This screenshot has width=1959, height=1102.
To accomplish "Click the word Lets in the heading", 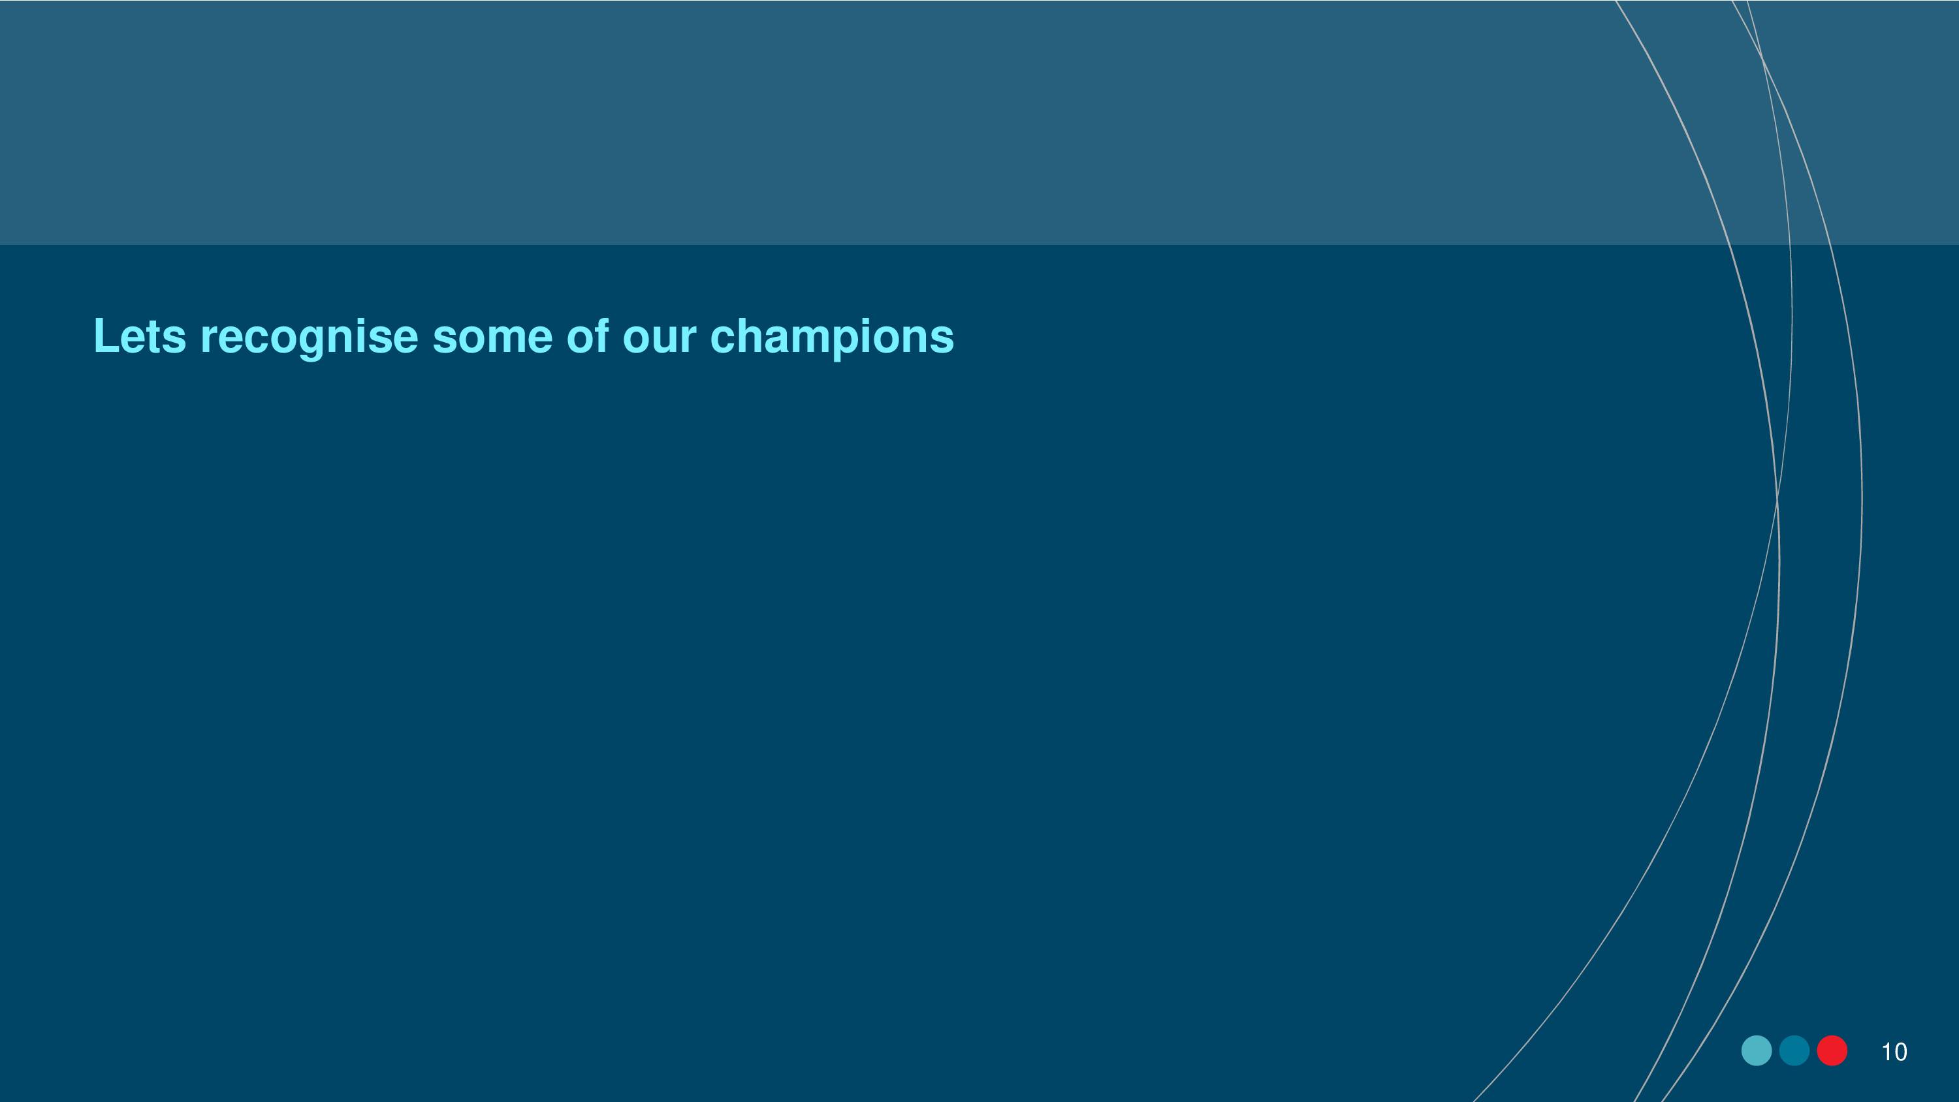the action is (140, 336).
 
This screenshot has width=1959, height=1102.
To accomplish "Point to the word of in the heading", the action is (588, 336).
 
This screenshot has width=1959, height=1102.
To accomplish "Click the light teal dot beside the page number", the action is (1757, 1050).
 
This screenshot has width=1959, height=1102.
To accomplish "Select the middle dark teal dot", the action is (1794, 1050).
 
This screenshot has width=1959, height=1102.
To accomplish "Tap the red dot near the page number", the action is (1832, 1050).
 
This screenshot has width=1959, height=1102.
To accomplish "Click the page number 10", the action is (1894, 1052).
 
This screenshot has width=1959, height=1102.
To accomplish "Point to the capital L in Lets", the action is (106, 336).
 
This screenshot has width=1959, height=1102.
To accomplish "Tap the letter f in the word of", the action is (601, 336).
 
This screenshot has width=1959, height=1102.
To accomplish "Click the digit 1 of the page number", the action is (1886, 1052).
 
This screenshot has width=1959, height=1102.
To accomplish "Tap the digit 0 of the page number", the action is (1900, 1052).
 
